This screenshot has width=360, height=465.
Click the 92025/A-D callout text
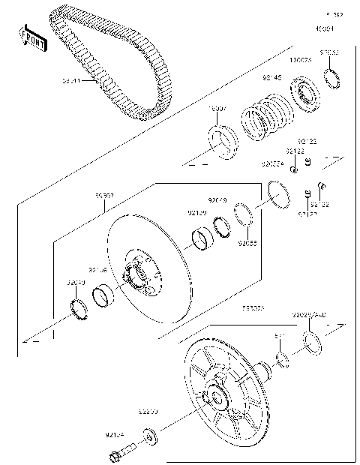pos(308,314)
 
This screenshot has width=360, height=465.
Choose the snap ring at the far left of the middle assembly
pos(77,307)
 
